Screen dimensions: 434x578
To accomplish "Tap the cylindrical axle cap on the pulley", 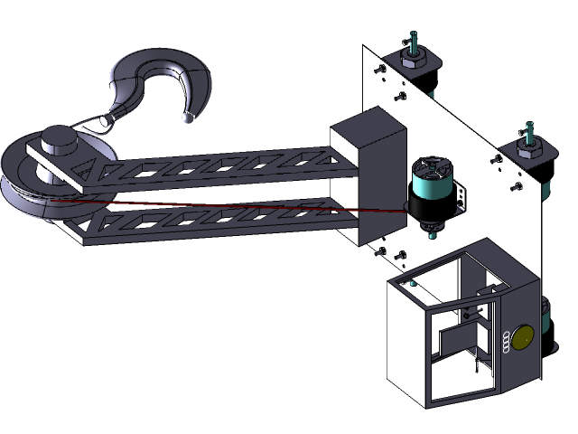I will click(x=61, y=139).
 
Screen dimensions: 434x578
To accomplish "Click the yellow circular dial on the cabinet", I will click(x=524, y=339).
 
